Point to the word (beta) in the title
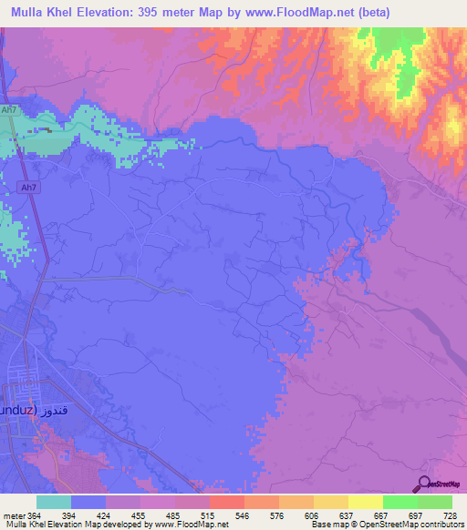pyautogui.click(x=428, y=12)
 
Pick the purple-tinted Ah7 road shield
pyautogui.click(x=28, y=188)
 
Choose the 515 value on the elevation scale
pyautogui.click(x=209, y=515)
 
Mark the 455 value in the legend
pyautogui.click(x=141, y=515)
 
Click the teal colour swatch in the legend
pyautogui.click(x=54, y=502)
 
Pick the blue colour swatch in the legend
pyautogui.click(x=88, y=502)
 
